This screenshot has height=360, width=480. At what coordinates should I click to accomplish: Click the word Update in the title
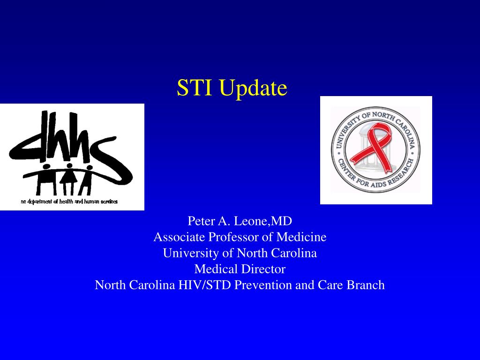pos(253,89)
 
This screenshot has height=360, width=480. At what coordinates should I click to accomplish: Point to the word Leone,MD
pos(266,221)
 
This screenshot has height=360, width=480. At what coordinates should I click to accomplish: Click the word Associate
pos(180,237)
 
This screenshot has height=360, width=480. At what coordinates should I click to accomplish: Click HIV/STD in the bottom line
pos(204,285)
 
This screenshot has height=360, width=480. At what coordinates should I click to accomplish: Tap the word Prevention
pos(263,285)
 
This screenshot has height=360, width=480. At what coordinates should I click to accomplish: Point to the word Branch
pos(366,285)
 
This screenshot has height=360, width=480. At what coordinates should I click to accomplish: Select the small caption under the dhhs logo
pos(69,202)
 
